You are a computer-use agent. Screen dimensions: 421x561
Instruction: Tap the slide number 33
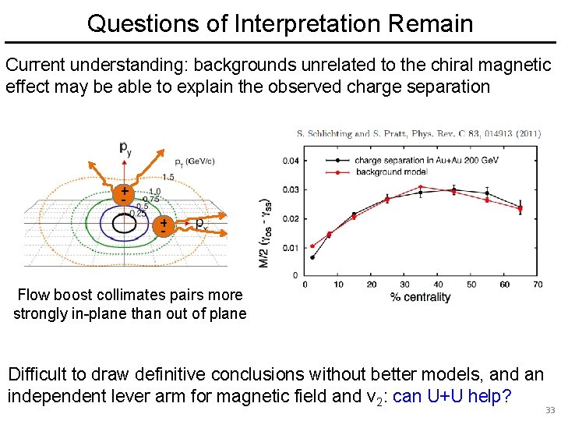pyautogui.click(x=550, y=410)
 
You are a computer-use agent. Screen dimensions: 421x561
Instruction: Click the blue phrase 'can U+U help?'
pyautogui.click(x=452, y=396)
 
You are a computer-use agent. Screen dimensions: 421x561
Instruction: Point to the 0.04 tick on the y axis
pyautogui.click(x=289, y=161)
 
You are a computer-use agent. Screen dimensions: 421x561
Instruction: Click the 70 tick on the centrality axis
pyautogui.click(x=538, y=285)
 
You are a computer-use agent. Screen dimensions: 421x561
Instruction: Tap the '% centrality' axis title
pyautogui.click(x=421, y=297)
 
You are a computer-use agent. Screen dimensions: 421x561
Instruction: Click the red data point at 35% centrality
pyautogui.click(x=421, y=187)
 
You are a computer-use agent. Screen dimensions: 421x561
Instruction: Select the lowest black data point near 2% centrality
pyautogui.click(x=313, y=257)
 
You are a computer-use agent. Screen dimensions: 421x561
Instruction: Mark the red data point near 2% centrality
pyautogui.click(x=312, y=246)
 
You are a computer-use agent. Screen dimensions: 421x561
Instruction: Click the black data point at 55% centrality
pyautogui.click(x=488, y=193)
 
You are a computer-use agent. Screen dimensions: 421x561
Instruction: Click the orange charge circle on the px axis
pyautogui.click(x=164, y=226)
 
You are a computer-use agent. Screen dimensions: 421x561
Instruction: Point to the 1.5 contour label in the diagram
pyautogui.click(x=168, y=177)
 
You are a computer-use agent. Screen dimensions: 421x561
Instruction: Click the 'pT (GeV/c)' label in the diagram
pyautogui.click(x=194, y=161)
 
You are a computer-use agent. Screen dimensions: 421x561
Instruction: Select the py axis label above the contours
pyautogui.click(x=125, y=147)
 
